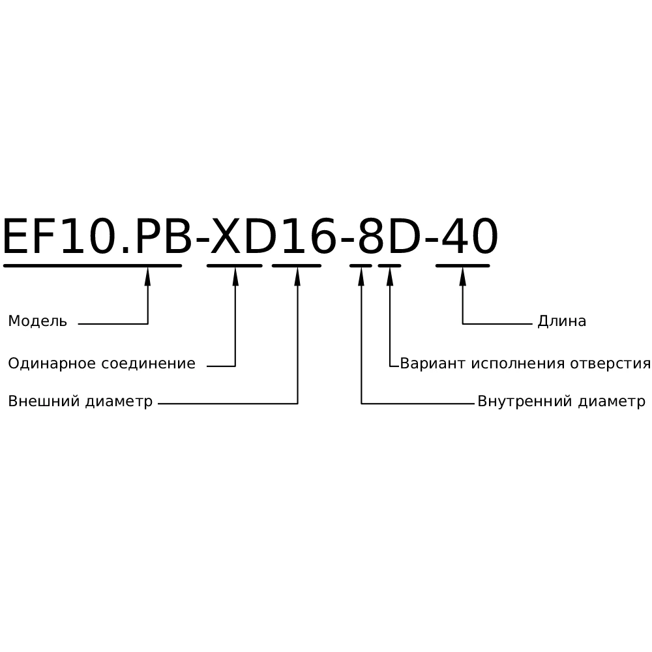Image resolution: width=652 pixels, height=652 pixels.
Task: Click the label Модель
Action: click(37, 321)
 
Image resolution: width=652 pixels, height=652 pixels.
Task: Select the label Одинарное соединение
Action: click(101, 364)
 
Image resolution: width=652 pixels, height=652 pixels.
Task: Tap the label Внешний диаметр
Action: click(80, 402)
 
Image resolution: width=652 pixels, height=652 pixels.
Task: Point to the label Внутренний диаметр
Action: click(561, 402)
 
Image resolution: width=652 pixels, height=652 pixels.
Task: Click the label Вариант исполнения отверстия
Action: click(525, 364)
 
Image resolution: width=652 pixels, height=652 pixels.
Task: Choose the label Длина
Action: click(561, 321)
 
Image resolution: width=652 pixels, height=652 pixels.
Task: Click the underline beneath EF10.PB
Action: click(92, 265)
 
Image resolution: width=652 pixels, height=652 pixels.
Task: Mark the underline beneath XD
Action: click(235, 265)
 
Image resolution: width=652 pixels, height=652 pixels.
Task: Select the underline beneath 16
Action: click(297, 265)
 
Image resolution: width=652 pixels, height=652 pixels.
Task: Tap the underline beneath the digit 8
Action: click(361, 265)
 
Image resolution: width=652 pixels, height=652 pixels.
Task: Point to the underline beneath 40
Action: click(462, 265)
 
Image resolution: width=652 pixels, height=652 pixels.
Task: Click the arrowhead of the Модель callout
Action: click(148, 276)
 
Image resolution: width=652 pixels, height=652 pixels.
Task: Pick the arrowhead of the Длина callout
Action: click(463, 276)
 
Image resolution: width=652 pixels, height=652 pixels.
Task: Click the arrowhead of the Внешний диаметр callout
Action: click(297, 276)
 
